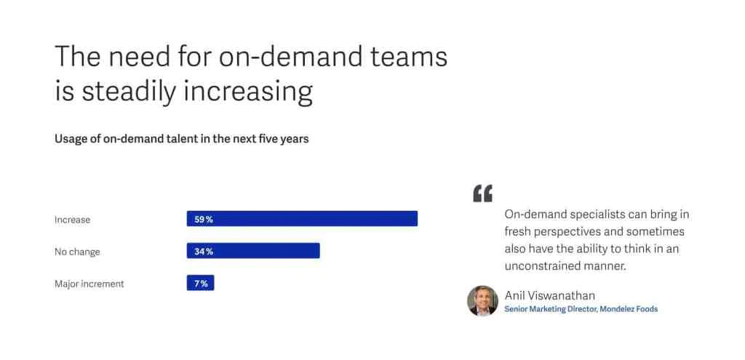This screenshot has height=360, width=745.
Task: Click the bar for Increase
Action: pyautogui.click(x=302, y=219)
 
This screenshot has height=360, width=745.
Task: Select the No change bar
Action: pyautogui.click(x=253, y=251)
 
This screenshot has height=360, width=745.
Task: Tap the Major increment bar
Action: pyautogui.click(x=200, y=283)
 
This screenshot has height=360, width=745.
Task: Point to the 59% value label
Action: pyautogui.click(x=204, y=219)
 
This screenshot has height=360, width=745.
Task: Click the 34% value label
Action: pyautogui.click(x=204, y=251)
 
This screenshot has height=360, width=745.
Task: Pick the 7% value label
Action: pyautogui.click(x=201, y=283)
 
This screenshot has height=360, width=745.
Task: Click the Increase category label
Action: pyautogui.click(x=72, y=220)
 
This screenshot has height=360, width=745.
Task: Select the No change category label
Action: pyautogui.click(x=77, y=252)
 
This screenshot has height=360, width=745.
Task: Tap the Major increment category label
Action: pyautogui.click(x=89, y=284)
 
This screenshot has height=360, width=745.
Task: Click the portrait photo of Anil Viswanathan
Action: pyautogui.click(x=482, y=300)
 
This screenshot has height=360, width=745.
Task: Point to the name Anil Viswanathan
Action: pyautogui.click(x=550, y=295)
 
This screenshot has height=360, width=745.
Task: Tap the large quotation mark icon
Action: pyautogui.click(x=482, y=193)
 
